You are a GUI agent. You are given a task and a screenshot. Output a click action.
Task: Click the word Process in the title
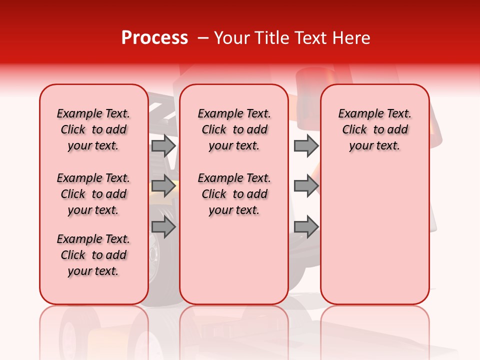click(154, 38)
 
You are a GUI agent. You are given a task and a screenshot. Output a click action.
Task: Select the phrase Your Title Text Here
click(292, 38)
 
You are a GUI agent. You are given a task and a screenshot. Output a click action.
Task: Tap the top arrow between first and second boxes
click(163, 145)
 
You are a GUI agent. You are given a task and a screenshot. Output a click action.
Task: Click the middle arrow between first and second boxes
click(163, 186)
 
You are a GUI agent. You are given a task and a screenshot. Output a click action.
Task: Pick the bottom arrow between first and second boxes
click(163, 227)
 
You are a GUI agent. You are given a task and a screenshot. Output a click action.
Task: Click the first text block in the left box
click(93, 129)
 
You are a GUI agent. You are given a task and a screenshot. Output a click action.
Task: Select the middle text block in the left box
click(93, 194)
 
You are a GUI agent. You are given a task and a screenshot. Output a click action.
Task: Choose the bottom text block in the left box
click(93, 255)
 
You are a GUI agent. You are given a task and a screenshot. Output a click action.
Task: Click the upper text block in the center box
click(234, 129)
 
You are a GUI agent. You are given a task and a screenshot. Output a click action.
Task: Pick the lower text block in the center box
click(234, 194)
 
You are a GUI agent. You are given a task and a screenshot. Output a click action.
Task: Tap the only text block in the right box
click(374, 129)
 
